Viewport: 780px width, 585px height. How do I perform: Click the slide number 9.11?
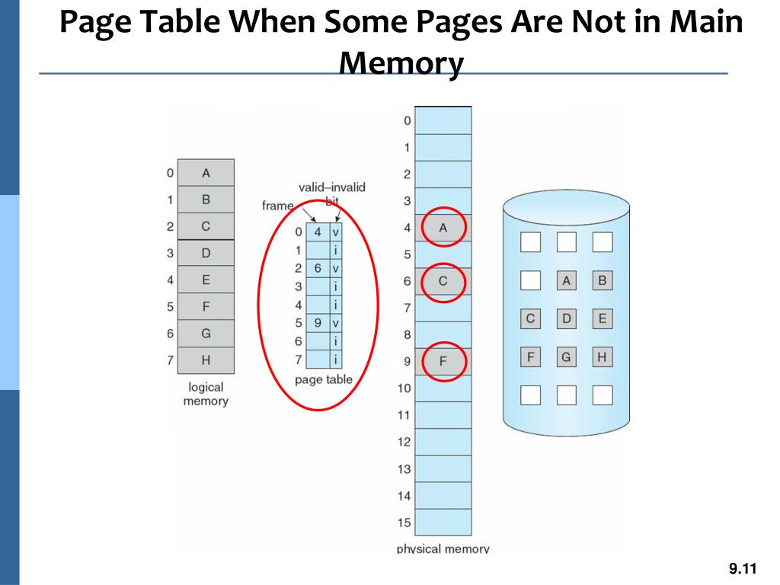tap(742, 568)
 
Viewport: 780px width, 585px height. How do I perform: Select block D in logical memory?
tap(206, 253)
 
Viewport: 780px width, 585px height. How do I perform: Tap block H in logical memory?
tap(206, 360)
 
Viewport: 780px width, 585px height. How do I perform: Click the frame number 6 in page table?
tap(318, 268)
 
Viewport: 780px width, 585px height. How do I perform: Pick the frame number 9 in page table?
tap(318, 322)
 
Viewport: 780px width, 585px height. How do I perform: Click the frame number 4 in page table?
tap(318, 232)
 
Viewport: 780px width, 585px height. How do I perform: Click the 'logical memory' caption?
tap(206, 394)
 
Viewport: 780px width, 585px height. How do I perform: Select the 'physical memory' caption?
tap(443, 548)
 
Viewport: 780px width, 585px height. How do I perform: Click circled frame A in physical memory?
tap(443, 227)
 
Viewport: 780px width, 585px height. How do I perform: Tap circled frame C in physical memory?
tap(443, 281)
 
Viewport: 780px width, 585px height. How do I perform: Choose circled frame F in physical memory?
tap(443, 361)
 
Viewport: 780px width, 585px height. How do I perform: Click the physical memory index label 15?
tap(404, 523)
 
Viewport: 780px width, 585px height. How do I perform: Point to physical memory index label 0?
tap(407, 120)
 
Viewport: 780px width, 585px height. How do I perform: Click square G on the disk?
tap(566, 356)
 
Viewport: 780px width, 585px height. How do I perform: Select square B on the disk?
tap(603, 281)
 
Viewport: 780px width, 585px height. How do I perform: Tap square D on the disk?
tap(566, 318)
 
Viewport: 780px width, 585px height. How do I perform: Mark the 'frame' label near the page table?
tap(277, 206)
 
